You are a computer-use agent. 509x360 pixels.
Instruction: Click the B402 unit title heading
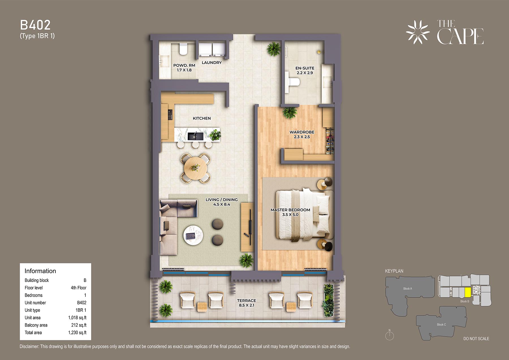(x=35, y=25)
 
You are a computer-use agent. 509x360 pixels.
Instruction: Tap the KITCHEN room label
(x=202, y=118)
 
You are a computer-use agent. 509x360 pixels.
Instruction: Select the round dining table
(x=195, y=168)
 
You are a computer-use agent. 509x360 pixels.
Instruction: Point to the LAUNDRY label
(x=212, y=62)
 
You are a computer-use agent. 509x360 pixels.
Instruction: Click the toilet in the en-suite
(x=293, y=82)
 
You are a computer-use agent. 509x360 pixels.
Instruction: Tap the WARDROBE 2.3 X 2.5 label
(x=302, y=134)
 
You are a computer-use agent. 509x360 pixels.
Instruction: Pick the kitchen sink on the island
(x=196, y=136)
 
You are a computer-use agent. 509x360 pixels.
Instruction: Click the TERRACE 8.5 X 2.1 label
(x=247, y=303)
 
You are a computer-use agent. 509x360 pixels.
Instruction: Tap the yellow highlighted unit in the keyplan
(x=468, y=292)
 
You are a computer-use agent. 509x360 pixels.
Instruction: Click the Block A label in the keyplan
(x=407, y=288)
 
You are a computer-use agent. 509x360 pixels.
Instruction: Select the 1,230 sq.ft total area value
(x=77, y=333)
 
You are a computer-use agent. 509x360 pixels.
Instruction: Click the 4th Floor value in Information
(x=79, y=288)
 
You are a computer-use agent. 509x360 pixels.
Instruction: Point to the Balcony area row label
(x=36, y=325)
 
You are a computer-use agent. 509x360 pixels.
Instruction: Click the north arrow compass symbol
(x=389, y=335)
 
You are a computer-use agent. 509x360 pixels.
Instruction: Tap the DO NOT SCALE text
(x=476, y=339)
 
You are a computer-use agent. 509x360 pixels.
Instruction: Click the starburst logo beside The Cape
(x=418, y=32)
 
